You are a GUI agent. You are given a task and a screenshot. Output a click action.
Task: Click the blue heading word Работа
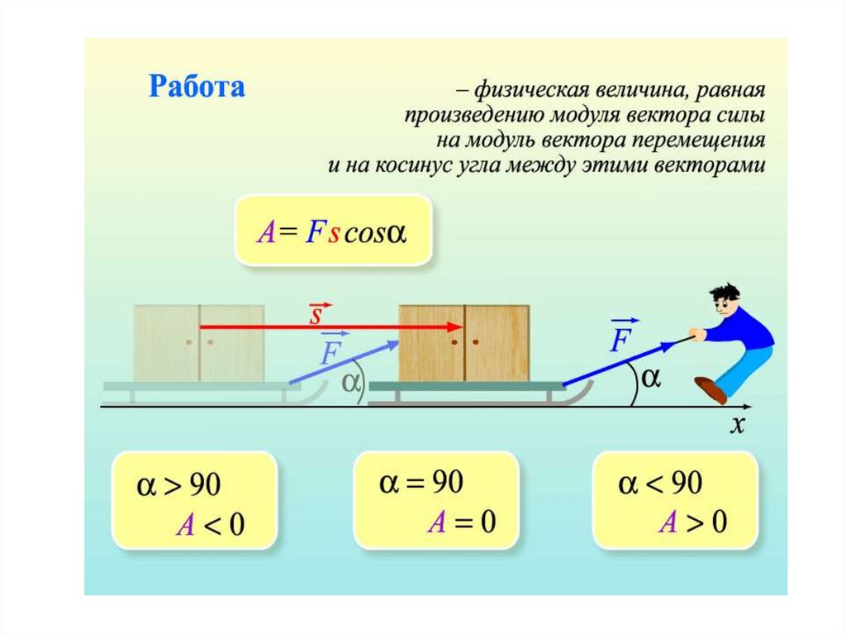197,86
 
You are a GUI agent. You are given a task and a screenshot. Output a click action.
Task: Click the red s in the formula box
334,234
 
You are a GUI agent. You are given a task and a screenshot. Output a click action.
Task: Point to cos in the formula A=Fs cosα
364,234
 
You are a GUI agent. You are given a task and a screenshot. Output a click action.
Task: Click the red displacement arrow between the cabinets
330,327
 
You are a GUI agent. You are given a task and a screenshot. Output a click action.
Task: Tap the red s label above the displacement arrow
316,313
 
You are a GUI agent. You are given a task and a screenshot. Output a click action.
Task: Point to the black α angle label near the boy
651,378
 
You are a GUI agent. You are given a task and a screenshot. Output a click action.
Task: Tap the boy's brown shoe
710,389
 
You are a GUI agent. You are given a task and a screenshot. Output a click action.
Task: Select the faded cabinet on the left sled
198,343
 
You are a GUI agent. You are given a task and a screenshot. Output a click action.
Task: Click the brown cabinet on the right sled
463,343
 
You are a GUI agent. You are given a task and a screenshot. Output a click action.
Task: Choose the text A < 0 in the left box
210,525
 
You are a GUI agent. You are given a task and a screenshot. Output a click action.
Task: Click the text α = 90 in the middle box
421,483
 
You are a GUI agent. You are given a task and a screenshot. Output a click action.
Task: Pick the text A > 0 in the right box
692,522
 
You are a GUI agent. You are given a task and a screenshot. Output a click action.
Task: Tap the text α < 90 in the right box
661,483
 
